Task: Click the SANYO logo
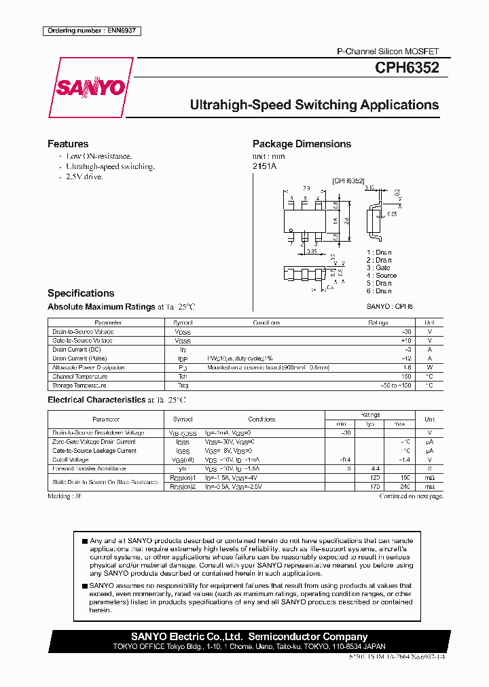pyautogui.click(x=90, y=88)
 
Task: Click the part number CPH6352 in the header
pyautogui.click(x=407, y=68)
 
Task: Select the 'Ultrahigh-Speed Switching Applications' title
pyautogui.click(x=314, y=105)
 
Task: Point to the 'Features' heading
pyautogui.click(x=68, y=144)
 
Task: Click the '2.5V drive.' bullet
pyautogui.click(x=84, y=177)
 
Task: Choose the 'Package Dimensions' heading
pyautogui.click(x=302, y=144)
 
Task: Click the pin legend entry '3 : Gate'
pyautogui.click(x=379, y=268)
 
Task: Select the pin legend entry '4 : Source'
pyautogui.click(x=382, y=276)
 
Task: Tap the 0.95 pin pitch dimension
pyautogui.click(x=312, y=251)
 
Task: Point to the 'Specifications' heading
pyautogui.click(x=81, y=293)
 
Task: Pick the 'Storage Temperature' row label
pyautogui.click(x=79, y=385)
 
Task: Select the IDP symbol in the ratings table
pyautogui.click(x=183, y=358)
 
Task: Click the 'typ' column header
pyautogui.click(x=370, y=424)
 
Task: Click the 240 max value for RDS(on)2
pyautogui.click(x=405, y=486)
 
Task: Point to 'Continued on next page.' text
pyautogui.click(x=411, y=496)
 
